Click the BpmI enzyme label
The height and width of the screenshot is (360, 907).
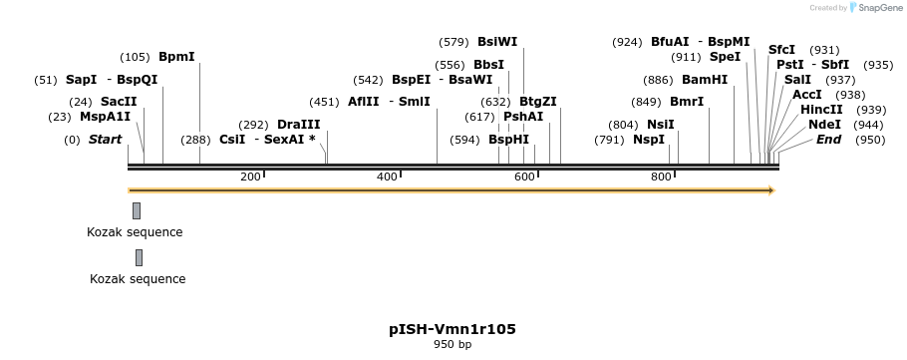coord(176,57)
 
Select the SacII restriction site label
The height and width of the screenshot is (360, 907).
coord(119,102)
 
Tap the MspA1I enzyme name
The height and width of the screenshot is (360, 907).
coord(105,117)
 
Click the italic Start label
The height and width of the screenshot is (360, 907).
coord(105,140)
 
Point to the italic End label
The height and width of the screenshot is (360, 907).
coord(828,140)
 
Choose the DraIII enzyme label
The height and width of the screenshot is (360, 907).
coord(298,125)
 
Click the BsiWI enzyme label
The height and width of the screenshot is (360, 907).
coord(497,42)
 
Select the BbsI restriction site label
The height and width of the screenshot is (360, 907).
coord(488,65)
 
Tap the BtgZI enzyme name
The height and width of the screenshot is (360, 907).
coord(537,102)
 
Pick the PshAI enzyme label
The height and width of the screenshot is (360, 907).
coord(523,117)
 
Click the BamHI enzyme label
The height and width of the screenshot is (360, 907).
coord(705,80)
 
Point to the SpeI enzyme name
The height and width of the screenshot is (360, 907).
coord(725,57)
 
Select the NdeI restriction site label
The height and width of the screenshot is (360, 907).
coord(824,125)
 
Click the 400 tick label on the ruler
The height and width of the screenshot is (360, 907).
coord(387,177)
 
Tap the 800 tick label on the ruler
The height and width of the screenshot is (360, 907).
coord(661,177)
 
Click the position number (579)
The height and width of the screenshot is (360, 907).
coord(453,42)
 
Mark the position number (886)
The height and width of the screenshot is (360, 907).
coord(658,80)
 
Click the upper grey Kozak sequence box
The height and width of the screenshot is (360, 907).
coord(137,210)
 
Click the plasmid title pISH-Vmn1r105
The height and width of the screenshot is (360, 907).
coord(453,329)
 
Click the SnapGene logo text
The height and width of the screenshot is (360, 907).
coord(880,8)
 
